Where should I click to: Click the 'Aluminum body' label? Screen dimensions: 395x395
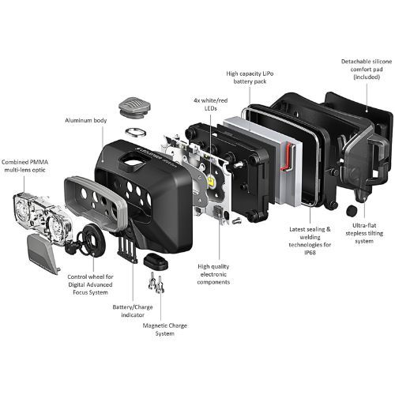pyautogui.click(x=86, y=121)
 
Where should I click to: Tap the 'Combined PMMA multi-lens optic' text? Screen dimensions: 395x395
pyautogui.click(x=24, y=166)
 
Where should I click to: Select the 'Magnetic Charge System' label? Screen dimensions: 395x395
pyautogui.click(x=165, y=329)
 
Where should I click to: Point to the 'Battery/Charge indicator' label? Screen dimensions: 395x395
pyautogui.click(x=133, y=311)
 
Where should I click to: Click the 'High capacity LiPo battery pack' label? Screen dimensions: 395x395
pyautogui.click(x=250, y=77)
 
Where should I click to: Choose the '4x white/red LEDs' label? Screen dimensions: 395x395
pyautogui.click(x=211, y=104)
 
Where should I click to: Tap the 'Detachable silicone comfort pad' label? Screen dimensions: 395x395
pyautogui.click(x=367, y=70)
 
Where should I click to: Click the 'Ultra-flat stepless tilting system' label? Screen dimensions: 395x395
pyautogui.click(x=364, y=233)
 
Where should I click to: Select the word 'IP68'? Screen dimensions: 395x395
pyautogui.click(x=310, y=253)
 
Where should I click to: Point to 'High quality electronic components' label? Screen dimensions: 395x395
pyautogui.click(x=213, y=274)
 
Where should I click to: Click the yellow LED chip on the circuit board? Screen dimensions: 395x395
pyautogui.click(x=211, y=181)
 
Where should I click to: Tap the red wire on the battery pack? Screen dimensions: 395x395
pyautogui.click(x=287, y=156)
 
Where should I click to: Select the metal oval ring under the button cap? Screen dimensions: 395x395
pyautogui.click(x=136, y=132)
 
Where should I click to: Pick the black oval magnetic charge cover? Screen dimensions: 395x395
pyautogui.click(x=156, y=261)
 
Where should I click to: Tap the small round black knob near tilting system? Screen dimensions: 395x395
pyautogui.click(x=352, y=211)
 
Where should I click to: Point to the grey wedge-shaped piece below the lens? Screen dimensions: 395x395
pyautogui.click(x=43, y=253)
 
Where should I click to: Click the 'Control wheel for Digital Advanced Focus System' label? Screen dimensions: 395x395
pyautogui.click(x=90, y=284)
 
